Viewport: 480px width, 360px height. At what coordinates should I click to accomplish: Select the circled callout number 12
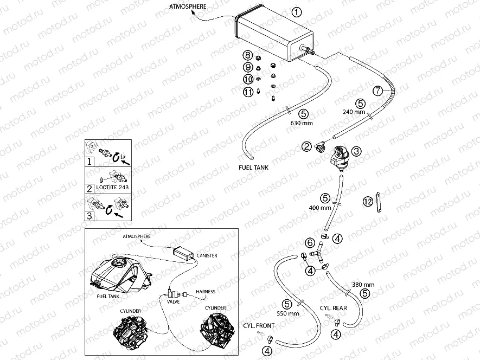(368, 202)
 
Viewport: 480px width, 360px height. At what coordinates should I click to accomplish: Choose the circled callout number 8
(247, 55)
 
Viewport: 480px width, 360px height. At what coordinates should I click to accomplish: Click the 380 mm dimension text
(363, 285)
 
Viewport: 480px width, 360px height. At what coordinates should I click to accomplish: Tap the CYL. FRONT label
(258, 325)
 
